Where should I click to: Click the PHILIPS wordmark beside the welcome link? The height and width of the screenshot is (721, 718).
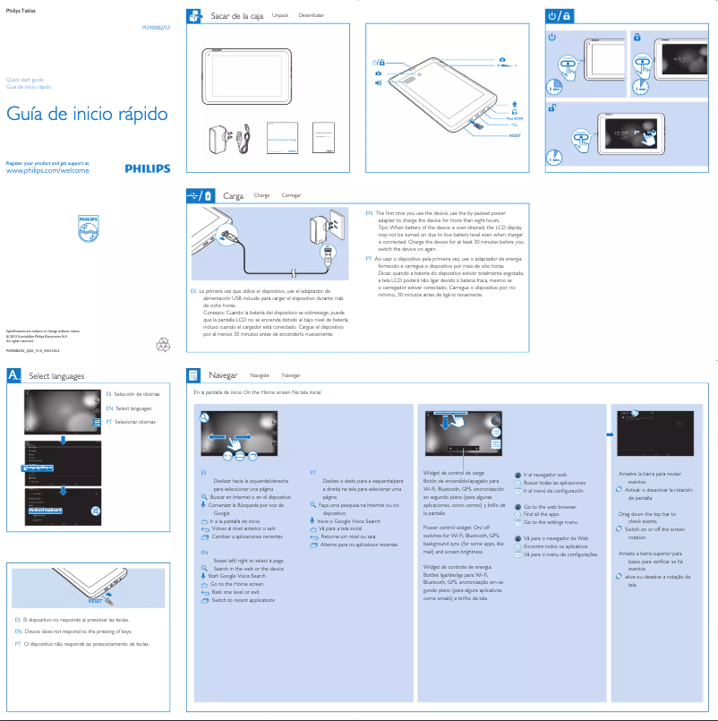pos(147,167)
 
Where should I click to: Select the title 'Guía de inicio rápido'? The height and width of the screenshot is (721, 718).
pos(87,115)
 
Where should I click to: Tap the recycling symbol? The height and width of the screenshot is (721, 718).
pos(163,343)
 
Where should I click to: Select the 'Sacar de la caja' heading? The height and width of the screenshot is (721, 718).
pos(235,17)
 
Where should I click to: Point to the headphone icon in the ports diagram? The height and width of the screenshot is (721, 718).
pos(514,109)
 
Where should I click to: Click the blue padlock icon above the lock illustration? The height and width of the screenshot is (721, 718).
pos(637,38)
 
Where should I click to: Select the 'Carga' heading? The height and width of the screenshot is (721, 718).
pos(233,195)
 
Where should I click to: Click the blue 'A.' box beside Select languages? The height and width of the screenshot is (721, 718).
pos(14,376)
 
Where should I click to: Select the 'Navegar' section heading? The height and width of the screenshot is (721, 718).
pos(222,375)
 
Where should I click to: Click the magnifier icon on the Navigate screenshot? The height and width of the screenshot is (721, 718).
pos(205,418)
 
